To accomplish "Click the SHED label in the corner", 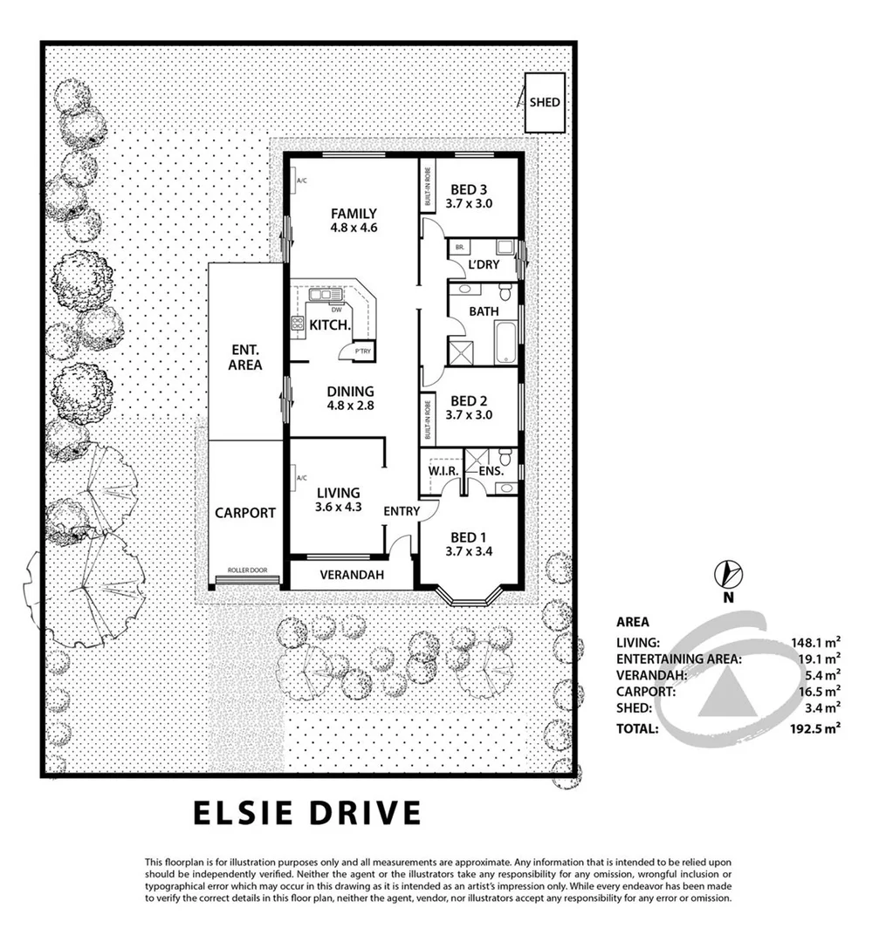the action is point(544,102).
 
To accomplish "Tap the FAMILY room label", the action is point(353,214).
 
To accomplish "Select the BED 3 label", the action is point(469,190).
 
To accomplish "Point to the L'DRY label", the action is point(483,265).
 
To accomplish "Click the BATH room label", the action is point(484,311).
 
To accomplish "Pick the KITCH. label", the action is point(330,324).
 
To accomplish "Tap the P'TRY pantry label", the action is point(361,352).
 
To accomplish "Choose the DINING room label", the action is point(349,392).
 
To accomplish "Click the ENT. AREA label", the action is point(244,358).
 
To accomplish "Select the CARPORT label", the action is point(245,513).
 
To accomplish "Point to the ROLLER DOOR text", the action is point(248,570).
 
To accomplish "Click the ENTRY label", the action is point(402,511).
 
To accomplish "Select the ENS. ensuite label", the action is point(492,471).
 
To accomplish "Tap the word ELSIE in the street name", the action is point(247,813).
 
